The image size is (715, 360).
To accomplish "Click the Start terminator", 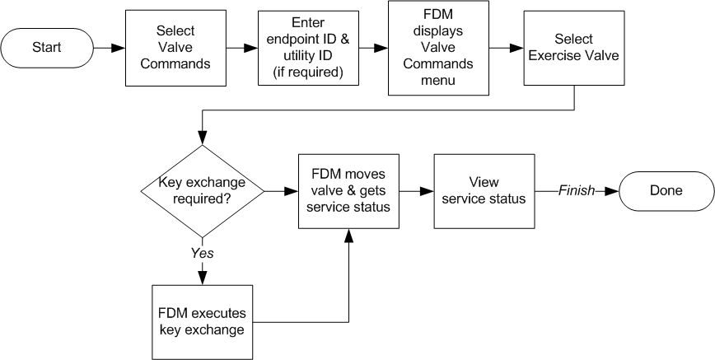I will (47, 47).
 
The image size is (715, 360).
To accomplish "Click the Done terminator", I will (666, 190).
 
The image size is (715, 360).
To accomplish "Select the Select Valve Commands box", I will (175, 48).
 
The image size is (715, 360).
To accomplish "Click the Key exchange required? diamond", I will (203, 191).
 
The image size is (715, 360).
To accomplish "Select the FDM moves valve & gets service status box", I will (350, 190).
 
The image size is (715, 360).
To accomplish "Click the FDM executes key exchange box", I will (203, 321).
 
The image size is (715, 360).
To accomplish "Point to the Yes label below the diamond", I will (203, 253).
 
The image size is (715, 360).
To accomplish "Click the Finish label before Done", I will (577, 190).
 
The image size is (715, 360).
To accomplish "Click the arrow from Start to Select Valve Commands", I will (108, 48).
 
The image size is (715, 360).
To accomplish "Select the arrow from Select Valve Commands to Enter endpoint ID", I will (241, 48).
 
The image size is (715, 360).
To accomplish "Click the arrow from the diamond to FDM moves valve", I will (281, 191).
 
